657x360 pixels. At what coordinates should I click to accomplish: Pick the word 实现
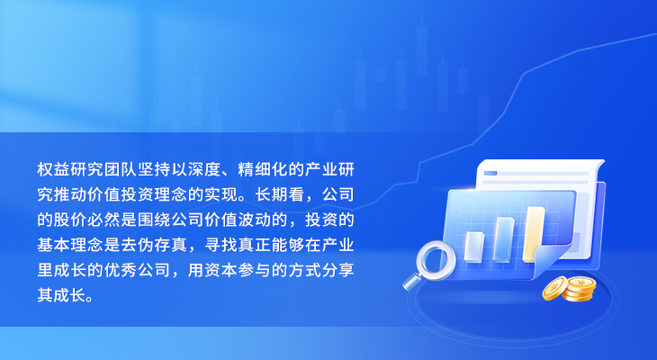point(221,195)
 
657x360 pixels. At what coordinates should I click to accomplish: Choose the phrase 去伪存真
point(154,245)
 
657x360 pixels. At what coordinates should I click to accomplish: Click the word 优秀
point(121,270)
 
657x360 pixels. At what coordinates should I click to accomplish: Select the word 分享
point(338,270)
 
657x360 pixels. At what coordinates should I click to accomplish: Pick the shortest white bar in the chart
point(474,247)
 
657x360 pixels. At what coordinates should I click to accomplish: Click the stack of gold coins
point(570,288)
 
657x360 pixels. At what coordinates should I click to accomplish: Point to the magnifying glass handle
point(412,281)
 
